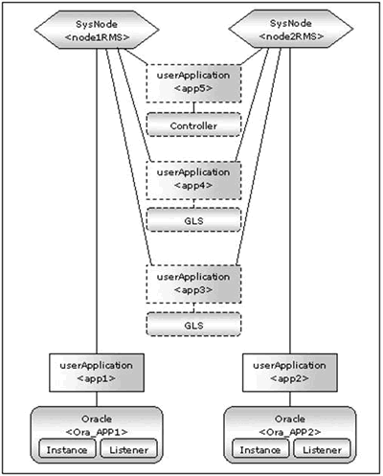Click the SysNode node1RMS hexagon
(97, 30)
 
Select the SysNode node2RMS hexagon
(291, 29)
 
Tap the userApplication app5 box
(193, 83)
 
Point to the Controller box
(193, 125)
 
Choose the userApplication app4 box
(193, 180)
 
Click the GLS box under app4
(193, 220)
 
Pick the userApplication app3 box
(193, 284)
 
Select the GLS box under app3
(193, 324)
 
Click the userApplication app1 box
(97, 373)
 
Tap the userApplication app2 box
(290, 373)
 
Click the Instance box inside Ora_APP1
(67, 449)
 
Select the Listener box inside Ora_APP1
(129, 449)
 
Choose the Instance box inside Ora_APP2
(260, 449)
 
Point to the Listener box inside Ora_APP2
(322, 449)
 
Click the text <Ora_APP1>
(97, 432)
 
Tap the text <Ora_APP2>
(290, 432)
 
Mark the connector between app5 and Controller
(193, 107)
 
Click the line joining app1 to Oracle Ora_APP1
(97, 399)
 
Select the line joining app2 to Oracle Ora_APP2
(290, 399)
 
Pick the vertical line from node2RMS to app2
(290, 201)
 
